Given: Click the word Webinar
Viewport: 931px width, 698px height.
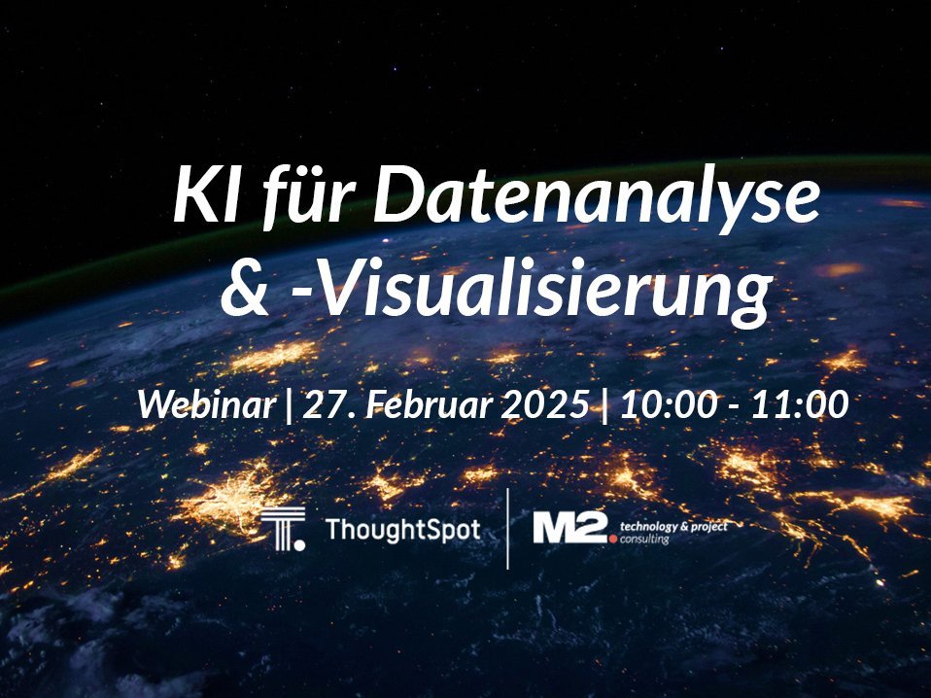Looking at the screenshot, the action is pos(206,405).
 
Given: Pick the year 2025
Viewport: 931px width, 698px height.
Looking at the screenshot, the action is pos(544,405).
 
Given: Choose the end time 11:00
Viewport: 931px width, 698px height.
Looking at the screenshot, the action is pos(800,405).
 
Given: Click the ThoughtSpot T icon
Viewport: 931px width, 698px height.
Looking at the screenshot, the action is pos(283,529).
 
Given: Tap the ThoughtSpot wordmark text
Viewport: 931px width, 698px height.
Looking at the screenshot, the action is pos(402,529).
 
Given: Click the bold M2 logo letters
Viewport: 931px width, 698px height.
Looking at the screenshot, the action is pos(569,528).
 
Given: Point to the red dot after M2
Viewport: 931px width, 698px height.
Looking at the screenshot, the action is pos(613,539).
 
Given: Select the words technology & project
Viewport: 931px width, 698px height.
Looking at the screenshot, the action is pos(673,526).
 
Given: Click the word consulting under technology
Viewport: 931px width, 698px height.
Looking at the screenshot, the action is pos(645,540).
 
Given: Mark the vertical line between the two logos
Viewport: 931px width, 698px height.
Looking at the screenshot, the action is pos(507,528).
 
